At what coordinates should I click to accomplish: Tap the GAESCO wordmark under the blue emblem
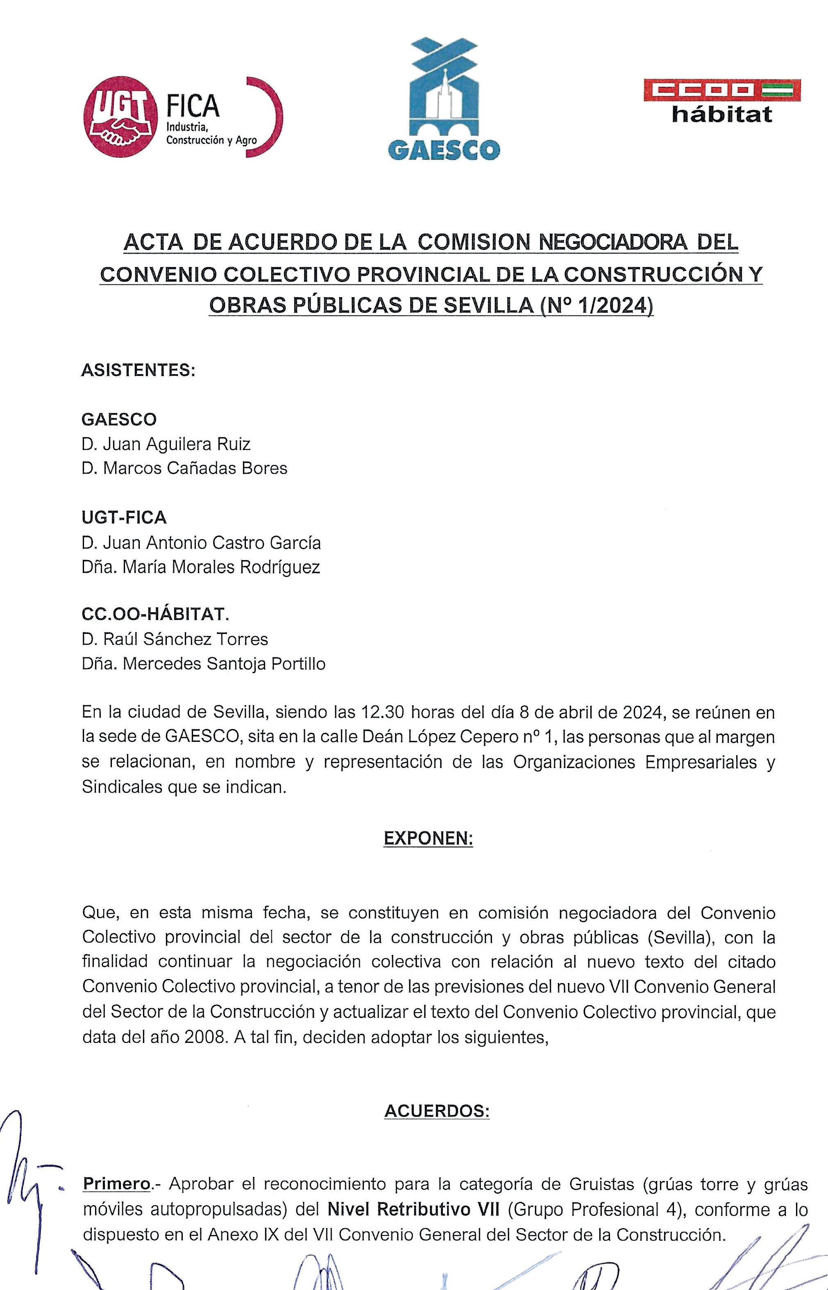tap(444, 150)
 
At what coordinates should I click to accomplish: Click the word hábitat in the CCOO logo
tap(721, 114)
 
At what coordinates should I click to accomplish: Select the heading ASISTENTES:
tap(138, 370)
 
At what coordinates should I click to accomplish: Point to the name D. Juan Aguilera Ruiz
tap(166, 444)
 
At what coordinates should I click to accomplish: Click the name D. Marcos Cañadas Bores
tap(184, 468)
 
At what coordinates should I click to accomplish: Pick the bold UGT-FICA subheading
tap(124, 518)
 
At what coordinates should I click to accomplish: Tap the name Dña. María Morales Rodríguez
tap(201, 567)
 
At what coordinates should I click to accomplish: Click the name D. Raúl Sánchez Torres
tap(175, 639)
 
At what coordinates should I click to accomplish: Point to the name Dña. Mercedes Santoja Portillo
tap(204, 664)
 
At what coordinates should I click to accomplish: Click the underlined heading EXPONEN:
tap(428, 838)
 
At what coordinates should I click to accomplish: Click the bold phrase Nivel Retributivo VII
tap(413, 1209)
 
